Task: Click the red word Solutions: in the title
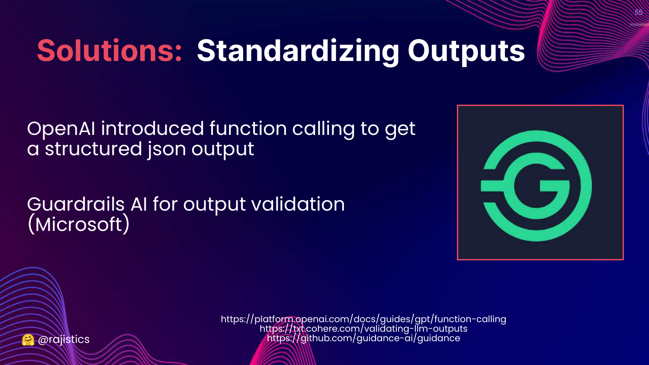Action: (109, 51)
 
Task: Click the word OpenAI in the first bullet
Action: (61, 128)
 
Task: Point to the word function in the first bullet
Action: (248, 128)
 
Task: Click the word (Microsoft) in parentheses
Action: (78, 224)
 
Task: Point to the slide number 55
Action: (639, 12)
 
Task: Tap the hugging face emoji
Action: (28, 340)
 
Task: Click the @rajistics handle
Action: (64, 339)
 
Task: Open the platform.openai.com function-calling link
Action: (363, 319)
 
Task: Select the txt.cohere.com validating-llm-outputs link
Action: (363, 329)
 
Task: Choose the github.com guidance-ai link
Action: (363, 338)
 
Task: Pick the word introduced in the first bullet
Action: (152, 128)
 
